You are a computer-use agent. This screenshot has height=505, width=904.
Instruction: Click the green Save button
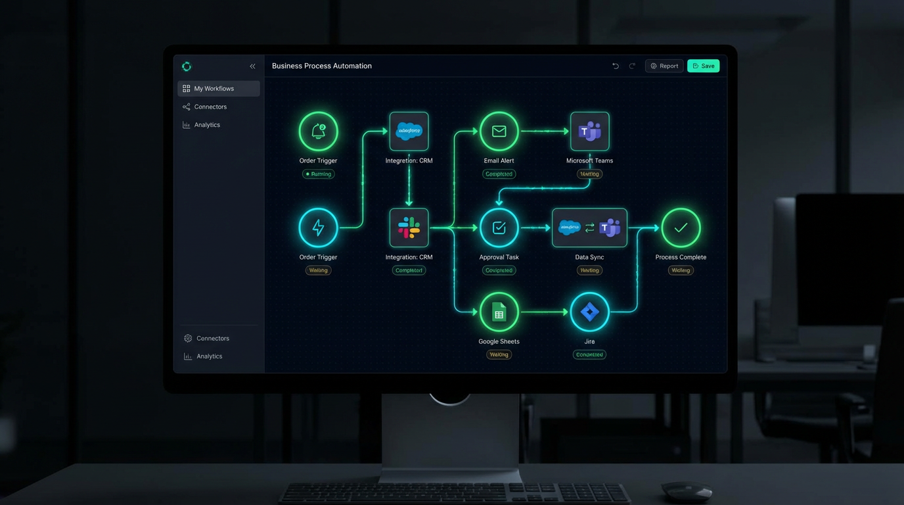[703, 66]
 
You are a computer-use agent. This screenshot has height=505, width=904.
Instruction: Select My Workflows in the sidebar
[218, 89]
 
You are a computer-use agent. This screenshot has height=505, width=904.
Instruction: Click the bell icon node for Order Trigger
[318, 132]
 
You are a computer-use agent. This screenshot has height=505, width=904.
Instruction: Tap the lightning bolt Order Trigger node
[318, 228]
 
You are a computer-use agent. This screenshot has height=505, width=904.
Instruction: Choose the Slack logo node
[409, 228]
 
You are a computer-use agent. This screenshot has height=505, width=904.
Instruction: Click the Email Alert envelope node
[499, 132]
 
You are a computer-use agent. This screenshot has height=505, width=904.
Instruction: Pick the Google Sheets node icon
[499, 312]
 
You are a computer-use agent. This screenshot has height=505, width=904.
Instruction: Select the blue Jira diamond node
[589, 312]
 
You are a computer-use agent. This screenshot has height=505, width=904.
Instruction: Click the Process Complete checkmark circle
[681, 228]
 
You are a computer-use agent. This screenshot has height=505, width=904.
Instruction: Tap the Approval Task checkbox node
[499, 228]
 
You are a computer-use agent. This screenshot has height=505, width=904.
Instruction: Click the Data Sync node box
[589, 228]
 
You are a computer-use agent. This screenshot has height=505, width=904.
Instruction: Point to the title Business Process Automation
[322, 66]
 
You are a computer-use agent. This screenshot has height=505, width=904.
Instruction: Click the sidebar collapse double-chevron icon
[252, 66]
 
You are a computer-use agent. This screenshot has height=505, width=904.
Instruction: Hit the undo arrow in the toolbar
[616, 66]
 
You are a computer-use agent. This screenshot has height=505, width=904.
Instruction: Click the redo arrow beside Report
[632, 66]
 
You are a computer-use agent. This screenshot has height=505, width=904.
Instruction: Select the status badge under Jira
[589, 354]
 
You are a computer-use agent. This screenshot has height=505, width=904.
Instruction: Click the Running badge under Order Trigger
[318, 174]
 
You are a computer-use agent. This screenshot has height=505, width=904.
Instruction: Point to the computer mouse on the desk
[686, 490]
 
